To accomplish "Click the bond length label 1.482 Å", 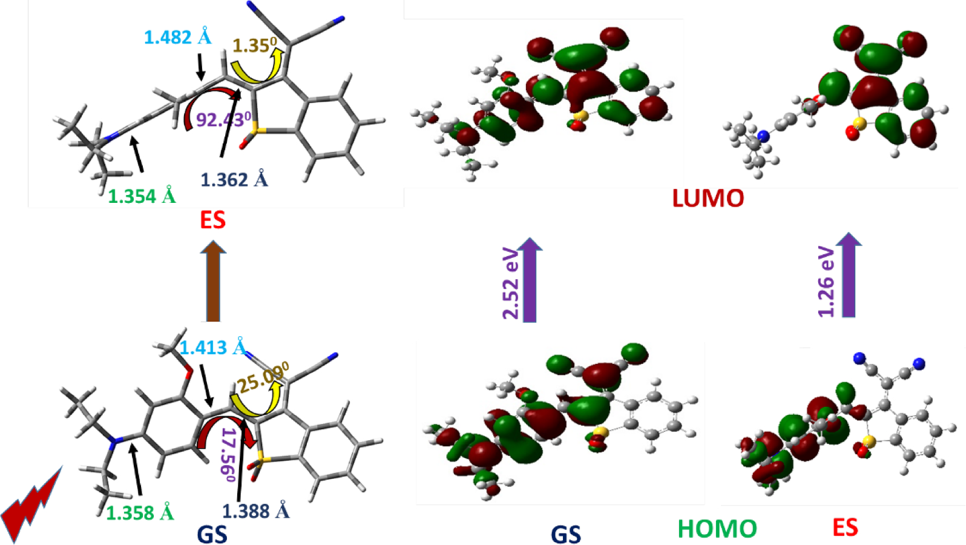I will point(177,38).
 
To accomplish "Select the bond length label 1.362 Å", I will point(234,179).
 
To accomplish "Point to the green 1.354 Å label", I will point(142,196).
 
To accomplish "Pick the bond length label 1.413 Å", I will point(213,348).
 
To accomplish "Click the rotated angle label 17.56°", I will point(228,454).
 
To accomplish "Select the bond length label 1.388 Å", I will point(255,511).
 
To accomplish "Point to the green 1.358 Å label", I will point(140,513).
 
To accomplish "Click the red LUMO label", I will point(708,199).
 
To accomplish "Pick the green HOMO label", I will point(717,529).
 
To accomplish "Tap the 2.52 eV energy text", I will point(511,283).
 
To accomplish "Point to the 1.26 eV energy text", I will point(826,282).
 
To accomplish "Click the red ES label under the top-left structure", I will point(212,220).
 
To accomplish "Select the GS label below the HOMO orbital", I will point(565,534).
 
